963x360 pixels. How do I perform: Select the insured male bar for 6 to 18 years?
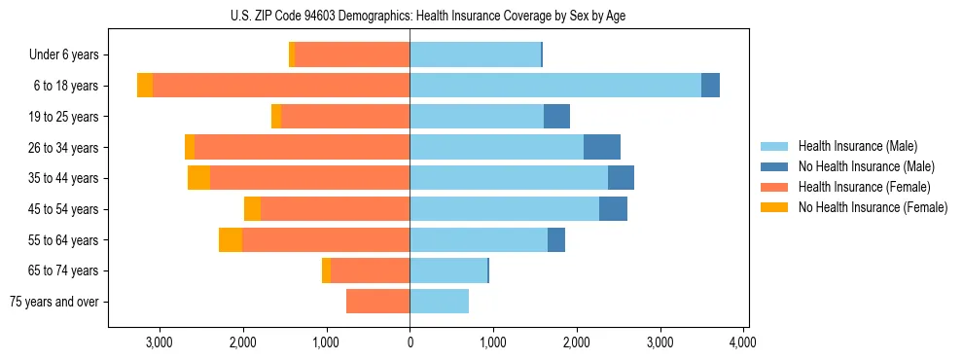coord(554,86)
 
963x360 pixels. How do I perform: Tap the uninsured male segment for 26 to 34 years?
coord(601,147)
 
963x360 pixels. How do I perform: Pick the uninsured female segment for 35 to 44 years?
coord(198,178)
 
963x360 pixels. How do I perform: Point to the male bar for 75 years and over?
coord(439,302)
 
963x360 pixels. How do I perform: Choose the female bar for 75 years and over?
coord(377,302)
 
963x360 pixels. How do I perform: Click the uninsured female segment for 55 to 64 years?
coord(231,240)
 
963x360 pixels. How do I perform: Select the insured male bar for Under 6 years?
coord(475,54)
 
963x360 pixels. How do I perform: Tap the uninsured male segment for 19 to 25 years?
coord(556,117)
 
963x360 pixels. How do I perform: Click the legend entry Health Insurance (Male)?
coord(857,146)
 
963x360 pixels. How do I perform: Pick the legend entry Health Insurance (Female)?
coord(864,187)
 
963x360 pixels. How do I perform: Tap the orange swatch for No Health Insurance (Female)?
coord(774,207)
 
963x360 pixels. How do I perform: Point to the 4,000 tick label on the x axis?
coord(743,342)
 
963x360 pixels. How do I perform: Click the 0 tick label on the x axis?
coord(410,342)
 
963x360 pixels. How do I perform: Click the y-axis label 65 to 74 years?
coord(64,270)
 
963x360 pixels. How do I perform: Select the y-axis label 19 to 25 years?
coord(64,117)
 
